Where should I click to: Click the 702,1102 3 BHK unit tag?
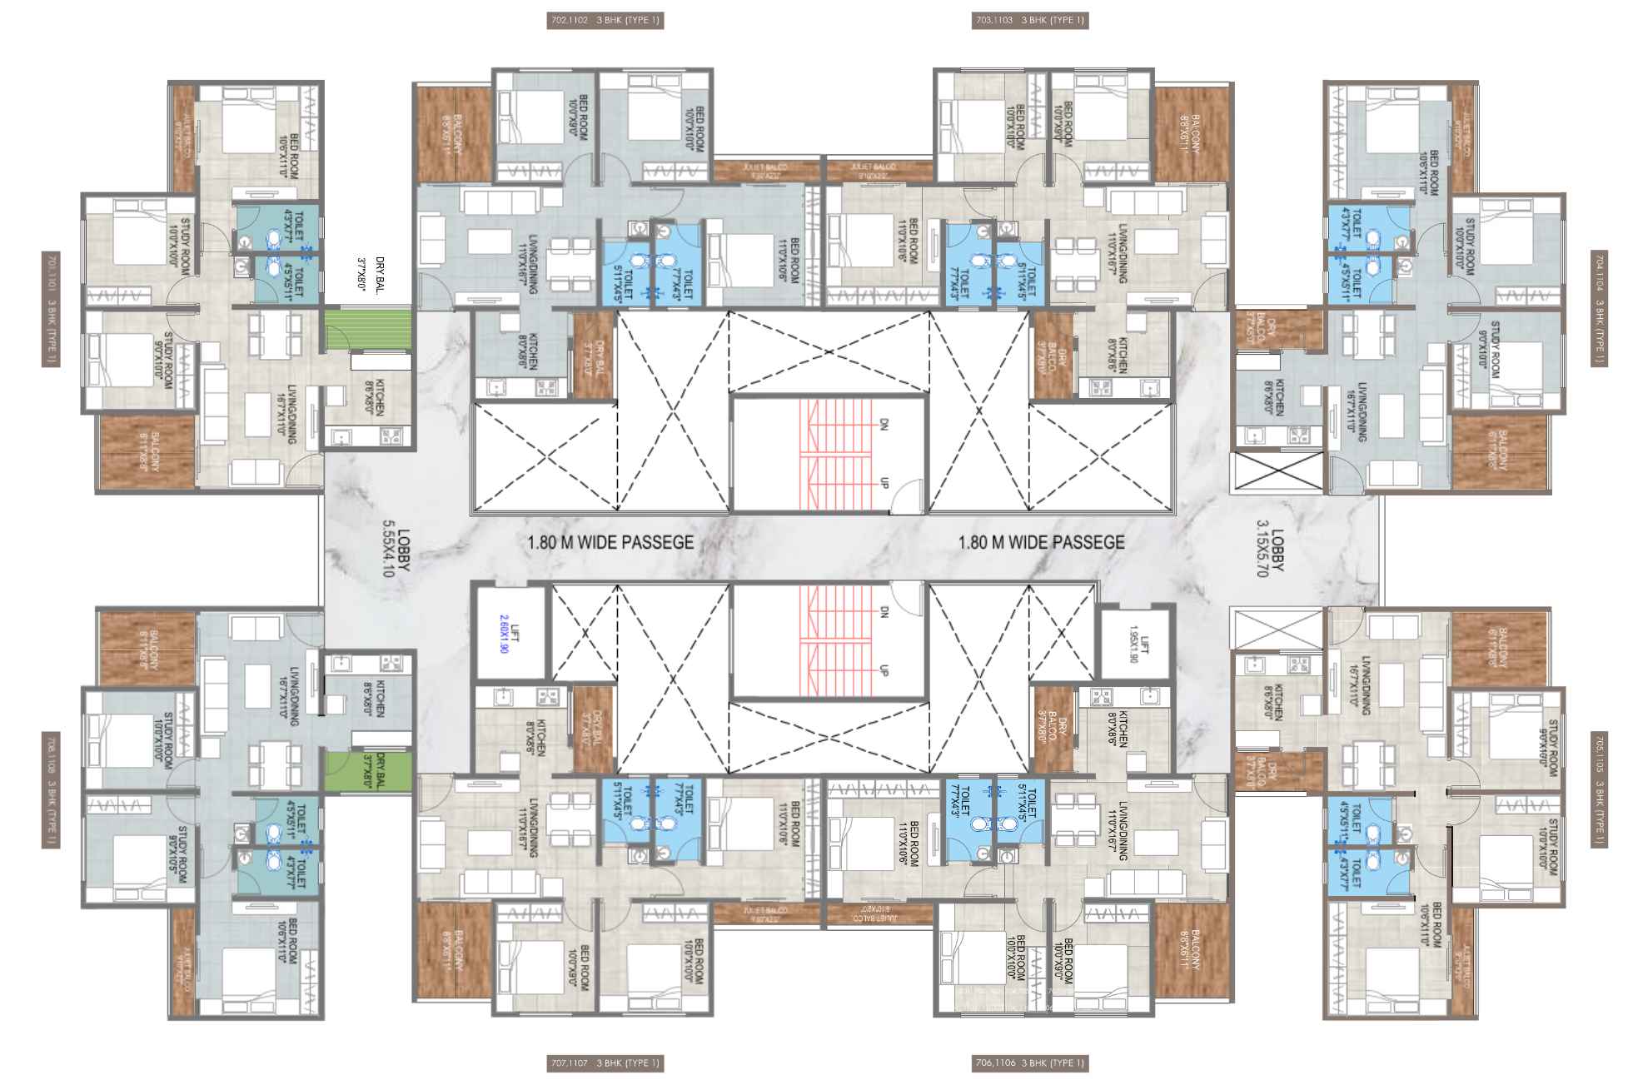pos(605,21)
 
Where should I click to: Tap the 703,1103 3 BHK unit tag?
pos(1030,21)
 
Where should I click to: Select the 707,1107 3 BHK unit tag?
pos(605,1063)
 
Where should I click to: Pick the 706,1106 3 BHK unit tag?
pos(1030,1063)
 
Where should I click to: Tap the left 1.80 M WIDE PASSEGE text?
pos(610,543)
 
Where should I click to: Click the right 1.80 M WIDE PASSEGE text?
pos(1041,543)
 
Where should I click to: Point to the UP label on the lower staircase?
pos(884,668)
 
